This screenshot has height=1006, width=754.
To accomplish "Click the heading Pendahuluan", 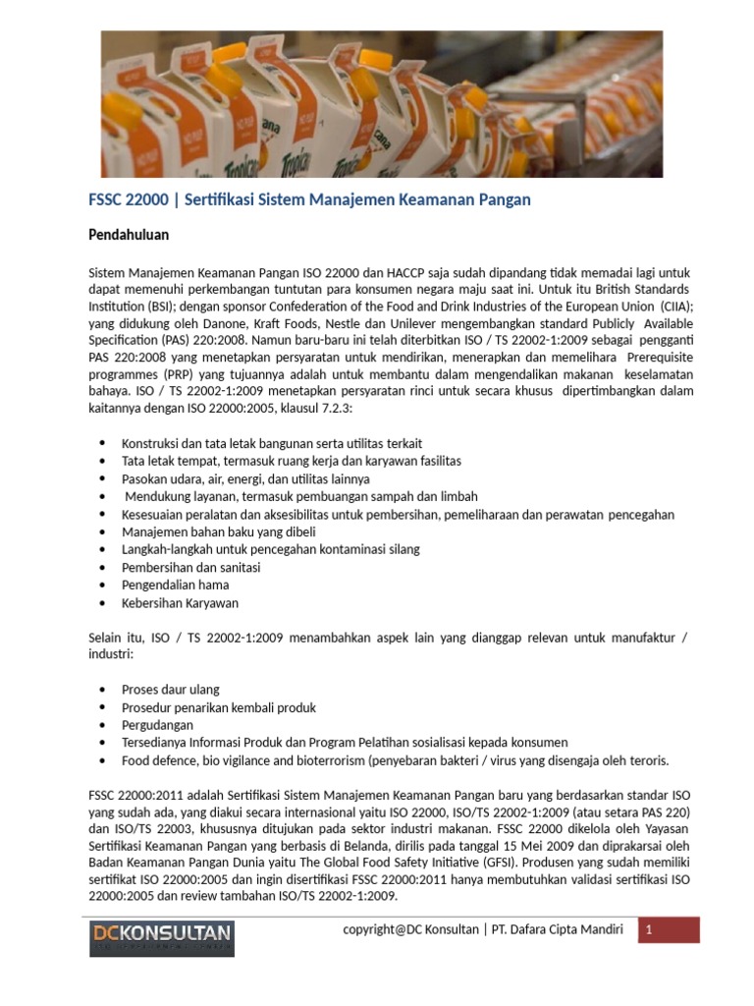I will (129, 236).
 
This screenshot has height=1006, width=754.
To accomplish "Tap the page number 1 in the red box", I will (649, 930).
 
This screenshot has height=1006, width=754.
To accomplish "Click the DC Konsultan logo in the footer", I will (160, 933).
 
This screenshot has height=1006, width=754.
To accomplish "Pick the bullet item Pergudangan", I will (158, 724).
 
